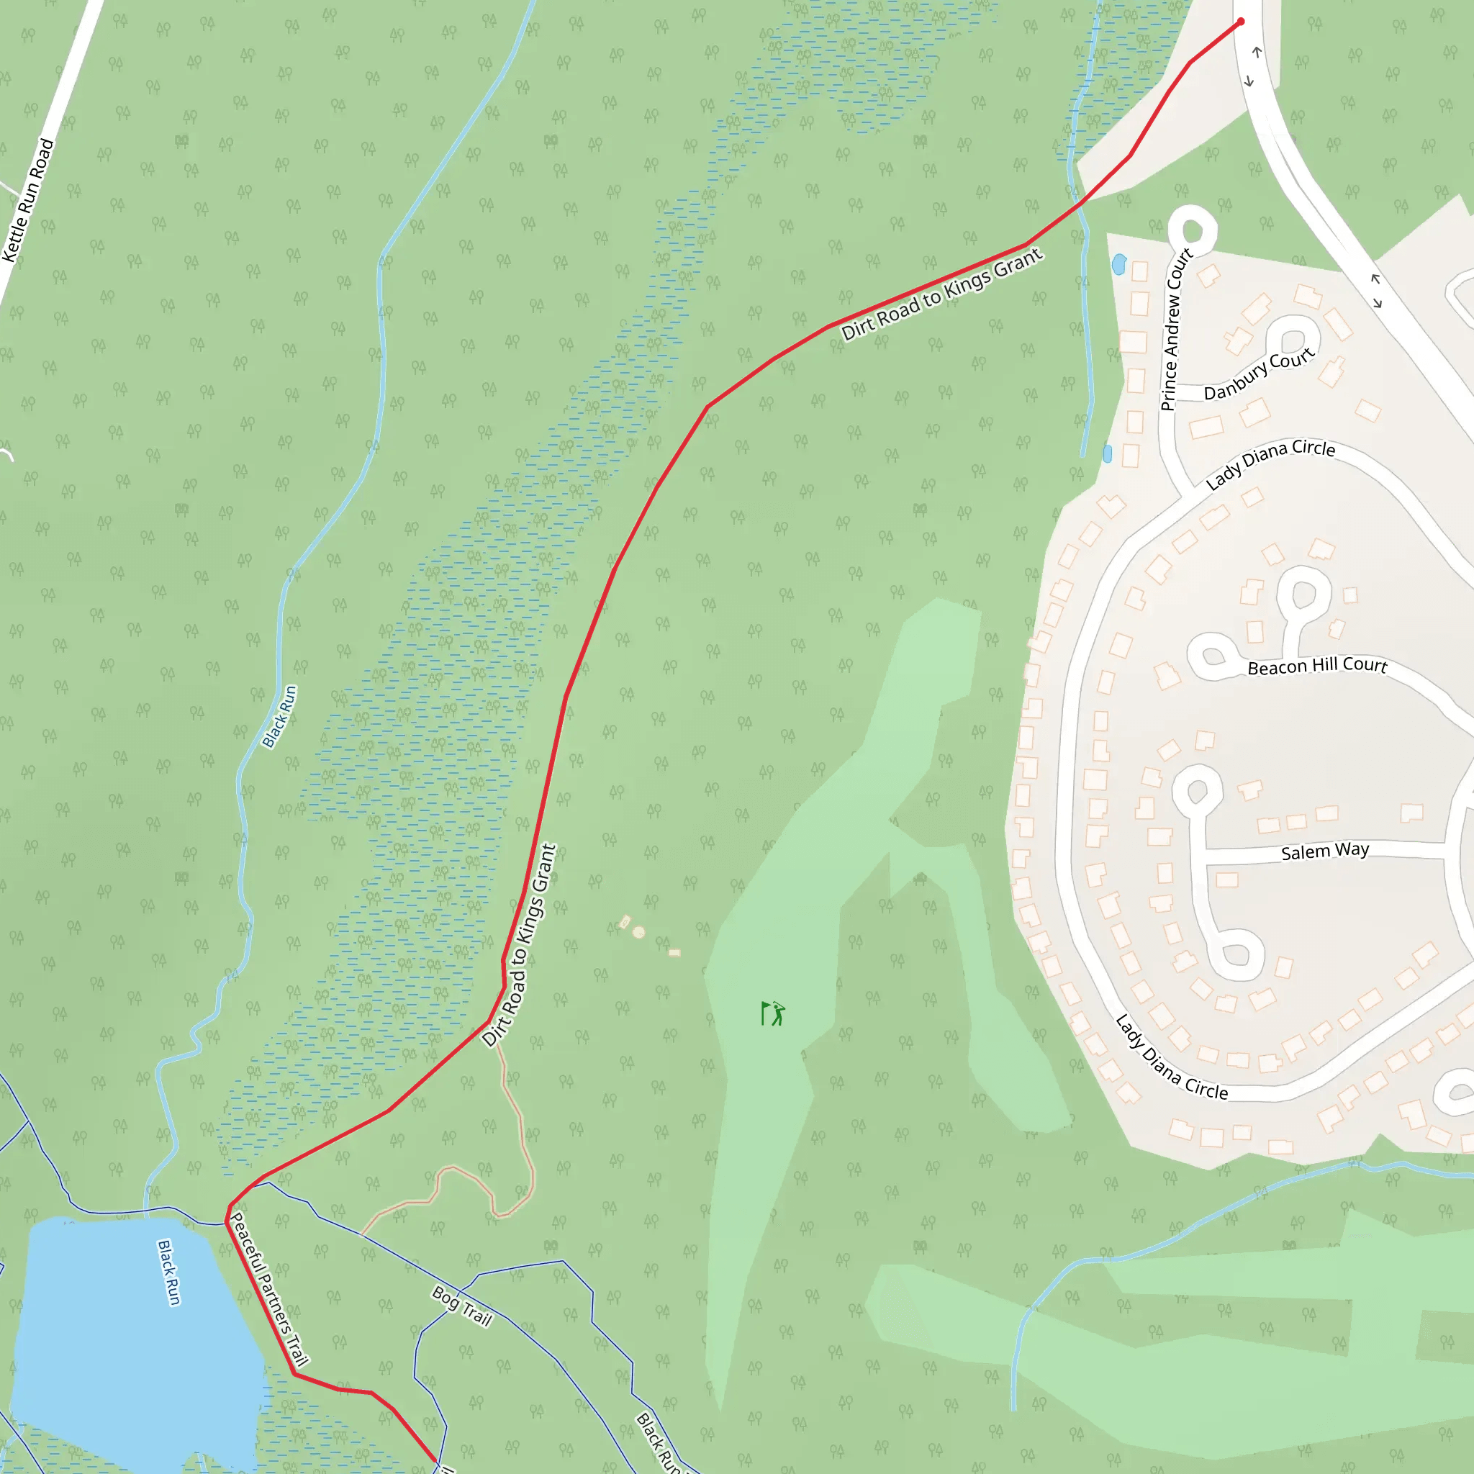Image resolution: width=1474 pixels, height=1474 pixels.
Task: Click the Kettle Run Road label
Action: [28, 200]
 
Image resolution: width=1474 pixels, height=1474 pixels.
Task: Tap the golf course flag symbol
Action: [772, 1013]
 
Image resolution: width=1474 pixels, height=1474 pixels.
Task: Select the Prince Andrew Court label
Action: [1176, 330]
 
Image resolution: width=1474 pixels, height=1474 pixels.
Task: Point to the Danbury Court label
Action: [1259, 374]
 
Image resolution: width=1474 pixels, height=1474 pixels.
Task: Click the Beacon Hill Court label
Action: [1317, 666]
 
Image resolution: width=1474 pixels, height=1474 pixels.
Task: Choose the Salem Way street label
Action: [1324, 851]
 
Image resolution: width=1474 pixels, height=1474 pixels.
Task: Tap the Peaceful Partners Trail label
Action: [269, 1289]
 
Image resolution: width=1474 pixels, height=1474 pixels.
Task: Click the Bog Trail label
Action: [461, 1306]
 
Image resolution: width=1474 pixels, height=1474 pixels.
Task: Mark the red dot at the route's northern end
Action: [1241, 22]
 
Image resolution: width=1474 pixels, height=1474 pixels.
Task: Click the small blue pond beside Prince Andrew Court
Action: [1119, 265]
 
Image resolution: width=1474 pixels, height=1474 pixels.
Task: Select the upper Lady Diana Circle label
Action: [1270, 464]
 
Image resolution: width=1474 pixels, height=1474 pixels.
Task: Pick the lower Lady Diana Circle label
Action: [1171, 1057]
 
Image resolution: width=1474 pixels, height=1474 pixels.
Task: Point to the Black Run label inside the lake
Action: [168, 1272]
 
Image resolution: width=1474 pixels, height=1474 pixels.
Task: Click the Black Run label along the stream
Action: [279, 716]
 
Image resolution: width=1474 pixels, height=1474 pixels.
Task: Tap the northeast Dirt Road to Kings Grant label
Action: [941, 294]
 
